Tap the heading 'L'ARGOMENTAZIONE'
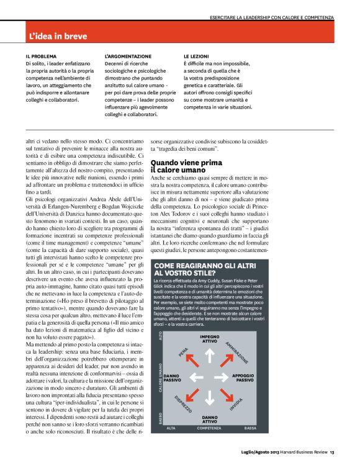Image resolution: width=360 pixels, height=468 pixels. click(x=128, y=55)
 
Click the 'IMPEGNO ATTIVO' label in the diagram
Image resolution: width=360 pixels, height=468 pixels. click(x=209, y=338)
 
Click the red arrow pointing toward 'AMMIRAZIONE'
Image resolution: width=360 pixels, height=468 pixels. click(x=227, y=358)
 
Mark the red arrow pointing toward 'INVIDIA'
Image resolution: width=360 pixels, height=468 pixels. click(x=227, y=395)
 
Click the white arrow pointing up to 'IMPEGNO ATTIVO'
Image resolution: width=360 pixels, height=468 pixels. click(x=209, y=355)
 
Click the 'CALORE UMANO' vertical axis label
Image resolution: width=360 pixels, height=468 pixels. click(x=160, y=377)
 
